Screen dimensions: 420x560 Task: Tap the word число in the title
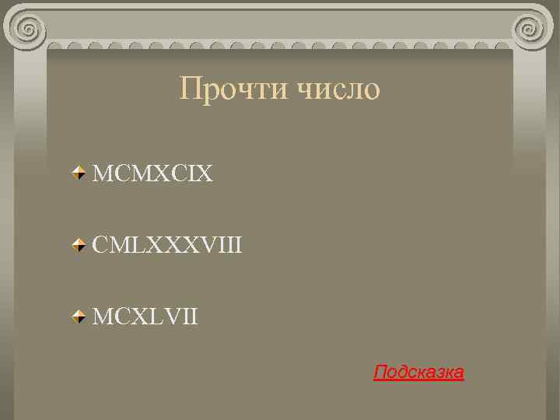pyautogui.click(x=338, y=89)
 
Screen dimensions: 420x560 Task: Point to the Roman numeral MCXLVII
pyautogui.click(x=145, y=317)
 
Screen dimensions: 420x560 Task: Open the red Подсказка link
pyautogui.click(x=418, y=373)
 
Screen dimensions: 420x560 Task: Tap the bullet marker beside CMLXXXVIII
pyautogui.click(x=79, y=246)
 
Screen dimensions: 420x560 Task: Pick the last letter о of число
pyautogui.click(x=372, y=90)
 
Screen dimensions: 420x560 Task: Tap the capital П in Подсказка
pyautogui.click(x=380, y=373)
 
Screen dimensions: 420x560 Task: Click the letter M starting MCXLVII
pyautogui.click(x=102, y=317)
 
